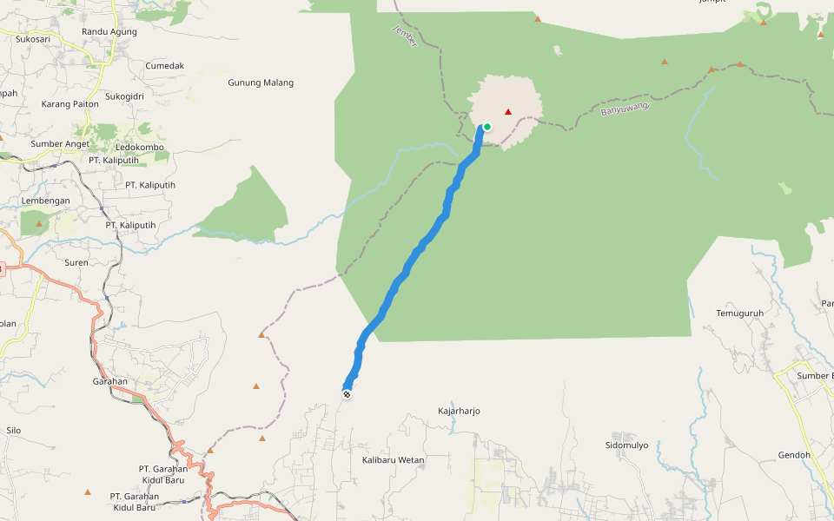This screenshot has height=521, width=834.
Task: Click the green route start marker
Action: [487, 127]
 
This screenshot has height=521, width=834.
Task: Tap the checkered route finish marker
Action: [347, 394]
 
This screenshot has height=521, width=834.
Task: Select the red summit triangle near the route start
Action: [508, 111]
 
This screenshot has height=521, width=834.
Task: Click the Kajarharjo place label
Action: [459, 411]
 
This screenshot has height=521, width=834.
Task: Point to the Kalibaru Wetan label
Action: [393, 460]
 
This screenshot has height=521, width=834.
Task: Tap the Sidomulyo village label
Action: [627, 445]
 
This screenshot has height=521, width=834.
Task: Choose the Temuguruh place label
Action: [739, 313]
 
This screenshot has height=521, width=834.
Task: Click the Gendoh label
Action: [794, 455]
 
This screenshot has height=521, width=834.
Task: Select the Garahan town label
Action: [110, 381]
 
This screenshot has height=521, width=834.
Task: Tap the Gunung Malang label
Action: [261, 83]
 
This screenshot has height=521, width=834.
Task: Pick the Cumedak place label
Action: [165, 66]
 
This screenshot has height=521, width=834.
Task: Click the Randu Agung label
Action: [109, 32]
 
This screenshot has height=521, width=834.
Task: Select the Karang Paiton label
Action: [70, 104]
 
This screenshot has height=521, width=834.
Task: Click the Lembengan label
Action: [45, 201]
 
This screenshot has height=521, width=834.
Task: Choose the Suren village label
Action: [76, 262]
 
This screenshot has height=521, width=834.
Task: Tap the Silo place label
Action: [13, 430]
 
